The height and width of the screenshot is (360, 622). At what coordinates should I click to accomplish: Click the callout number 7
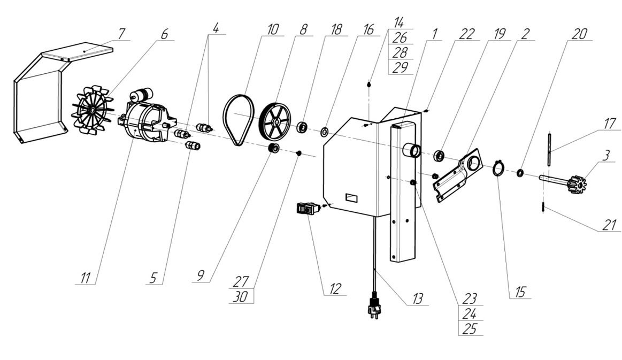point(121,33)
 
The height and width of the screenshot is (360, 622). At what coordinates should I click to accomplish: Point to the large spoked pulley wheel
point(276,120)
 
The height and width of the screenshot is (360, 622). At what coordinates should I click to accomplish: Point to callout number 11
point(86,278)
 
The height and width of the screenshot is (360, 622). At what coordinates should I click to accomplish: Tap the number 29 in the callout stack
point(400,67)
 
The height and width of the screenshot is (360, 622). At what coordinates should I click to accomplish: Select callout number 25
point(470,329)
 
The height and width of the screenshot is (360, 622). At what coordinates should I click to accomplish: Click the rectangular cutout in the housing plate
point(351,198)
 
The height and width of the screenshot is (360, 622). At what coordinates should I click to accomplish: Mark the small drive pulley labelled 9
point(273,147)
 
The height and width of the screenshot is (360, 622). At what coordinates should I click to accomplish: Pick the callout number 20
point(578,33)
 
